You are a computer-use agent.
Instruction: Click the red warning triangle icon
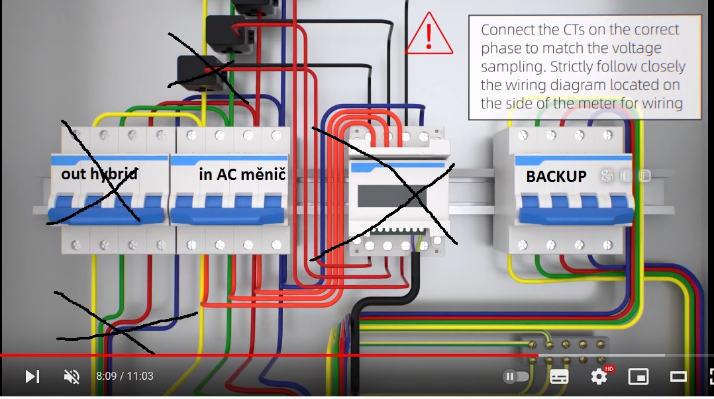[x=429, y=36]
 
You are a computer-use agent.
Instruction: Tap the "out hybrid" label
[x=99, y=174]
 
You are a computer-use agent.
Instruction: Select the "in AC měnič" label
[x=242, y=175]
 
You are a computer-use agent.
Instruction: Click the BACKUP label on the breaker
[x=556, y=177]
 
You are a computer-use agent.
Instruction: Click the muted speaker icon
[x=71, y=377]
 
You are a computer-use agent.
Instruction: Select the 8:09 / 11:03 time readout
[x=125, y=377]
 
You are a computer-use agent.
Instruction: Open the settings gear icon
[x=599, y=377]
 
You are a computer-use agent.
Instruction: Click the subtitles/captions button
[x=559, y=377]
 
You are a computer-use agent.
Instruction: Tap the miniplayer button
[x=638, y=377]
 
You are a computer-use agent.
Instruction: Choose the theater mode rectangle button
[x=678, y=377]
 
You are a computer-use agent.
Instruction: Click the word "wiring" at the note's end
[x=660, y=103]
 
